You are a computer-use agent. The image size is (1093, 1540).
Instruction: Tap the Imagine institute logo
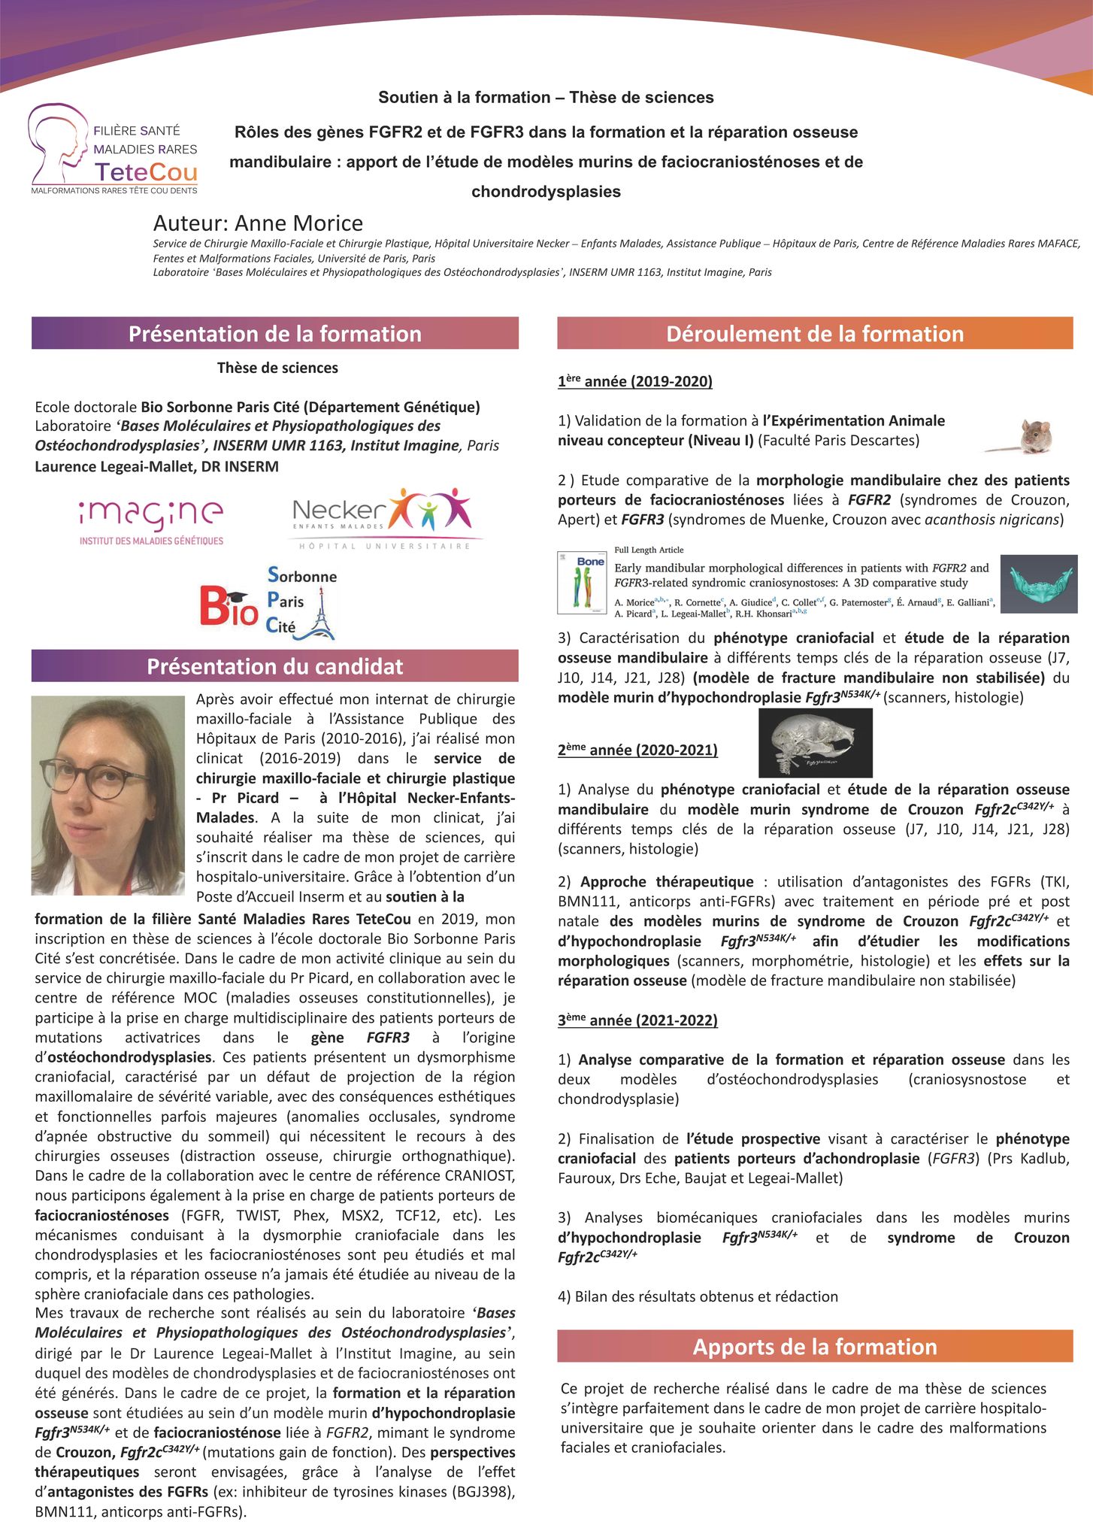151,521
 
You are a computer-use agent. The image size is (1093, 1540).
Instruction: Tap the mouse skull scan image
815,743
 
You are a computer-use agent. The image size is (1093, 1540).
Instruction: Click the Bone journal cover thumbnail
581,582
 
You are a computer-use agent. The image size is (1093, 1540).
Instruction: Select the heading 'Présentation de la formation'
274,334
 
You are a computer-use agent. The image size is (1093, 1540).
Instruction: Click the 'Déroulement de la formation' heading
814,334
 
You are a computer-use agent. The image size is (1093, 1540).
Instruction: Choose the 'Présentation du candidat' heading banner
274,666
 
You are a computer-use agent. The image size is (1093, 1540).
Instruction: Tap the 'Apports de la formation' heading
814,1346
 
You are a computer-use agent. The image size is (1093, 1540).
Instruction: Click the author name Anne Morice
258,223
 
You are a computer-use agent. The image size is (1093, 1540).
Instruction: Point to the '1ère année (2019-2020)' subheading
634,381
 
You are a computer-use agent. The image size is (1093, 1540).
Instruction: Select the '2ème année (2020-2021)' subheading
637,750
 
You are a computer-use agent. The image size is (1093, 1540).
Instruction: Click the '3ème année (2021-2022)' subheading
637,1020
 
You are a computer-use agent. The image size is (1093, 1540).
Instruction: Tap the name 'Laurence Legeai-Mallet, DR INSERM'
156,466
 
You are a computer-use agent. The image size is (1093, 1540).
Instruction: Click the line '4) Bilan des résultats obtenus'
698,1296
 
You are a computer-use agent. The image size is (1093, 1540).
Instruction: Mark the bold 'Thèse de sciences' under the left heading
277,368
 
